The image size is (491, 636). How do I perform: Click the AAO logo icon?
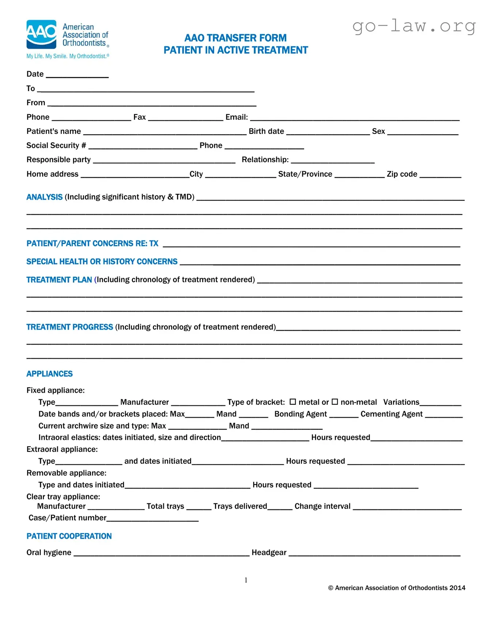[x=41, y=34]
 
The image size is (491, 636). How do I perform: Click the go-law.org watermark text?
[x=414, y=26]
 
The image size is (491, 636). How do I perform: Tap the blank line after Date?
[x=77, y=76]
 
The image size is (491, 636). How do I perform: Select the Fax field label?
[x=139, y=117]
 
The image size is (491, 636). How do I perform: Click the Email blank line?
[x=354, y=119]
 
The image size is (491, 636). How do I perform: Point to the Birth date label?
[x=266, y=131]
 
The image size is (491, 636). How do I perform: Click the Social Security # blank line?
[x=143, y=147]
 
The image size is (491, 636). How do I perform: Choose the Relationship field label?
[x=265, y=160]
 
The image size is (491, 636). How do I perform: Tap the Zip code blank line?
[x=440, y=176]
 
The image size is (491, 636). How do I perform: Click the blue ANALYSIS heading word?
[x=44, y=197]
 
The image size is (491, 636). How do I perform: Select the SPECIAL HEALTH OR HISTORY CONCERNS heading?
[x=102, y=262]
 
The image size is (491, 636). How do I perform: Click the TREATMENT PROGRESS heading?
[x=69, y=327]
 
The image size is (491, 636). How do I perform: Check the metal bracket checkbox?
[x=292, y=402]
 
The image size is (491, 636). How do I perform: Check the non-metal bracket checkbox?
[x=335, y=402]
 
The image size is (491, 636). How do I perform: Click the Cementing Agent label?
[x=391, y=414]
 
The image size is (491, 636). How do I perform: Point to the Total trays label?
[x=165, y=506]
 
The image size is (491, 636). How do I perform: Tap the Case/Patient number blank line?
[x=152, y=520]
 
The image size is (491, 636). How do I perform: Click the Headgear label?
[x=269, y=553]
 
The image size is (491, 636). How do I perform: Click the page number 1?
[x=246, y=580]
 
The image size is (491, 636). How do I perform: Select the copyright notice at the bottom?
[x=396, y=588]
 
